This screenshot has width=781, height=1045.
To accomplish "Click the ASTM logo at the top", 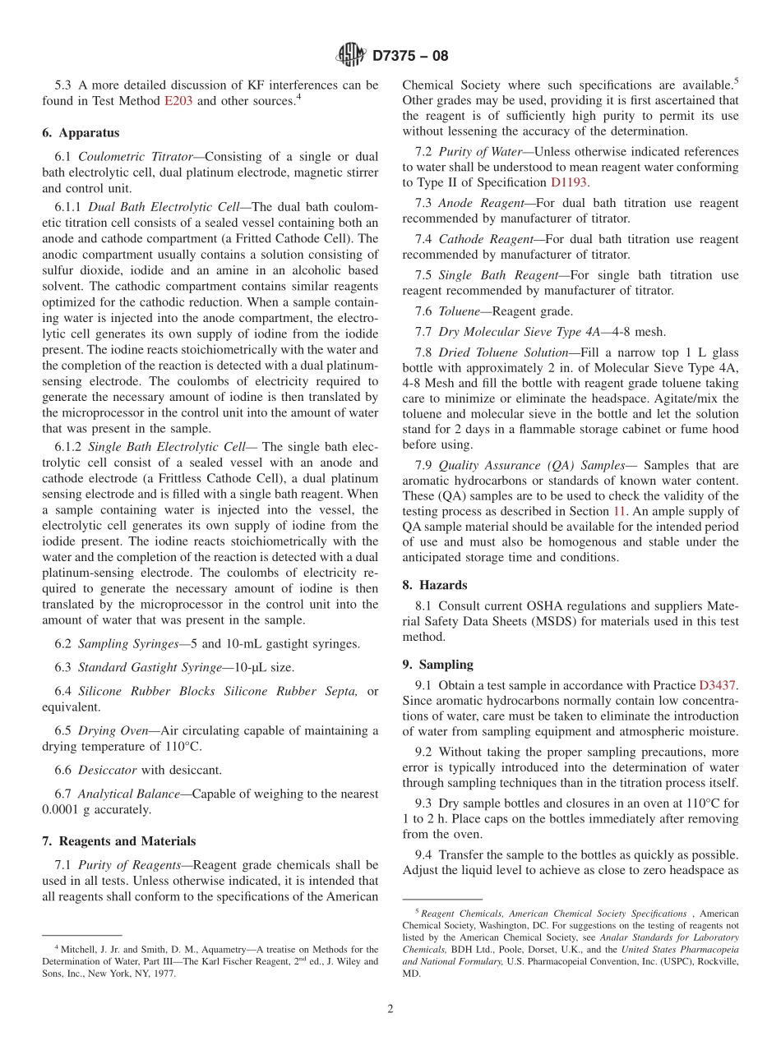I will (x=351, y=56).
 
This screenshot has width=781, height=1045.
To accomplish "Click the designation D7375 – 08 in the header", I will (x=410, y=57).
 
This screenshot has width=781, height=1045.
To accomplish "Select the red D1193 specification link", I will (x=569, y=182).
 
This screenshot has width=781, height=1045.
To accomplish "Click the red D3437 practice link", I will (x=717, y=684).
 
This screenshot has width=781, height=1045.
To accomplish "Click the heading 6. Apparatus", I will (x=81, y=132).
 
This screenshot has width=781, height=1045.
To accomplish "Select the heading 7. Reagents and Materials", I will (x=119, y=841).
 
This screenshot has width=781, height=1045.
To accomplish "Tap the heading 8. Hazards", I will (x=435, y=585).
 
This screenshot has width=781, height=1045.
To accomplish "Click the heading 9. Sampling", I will (x=437, y=665).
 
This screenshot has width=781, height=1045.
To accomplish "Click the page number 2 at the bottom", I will (x=390, y=1009).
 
